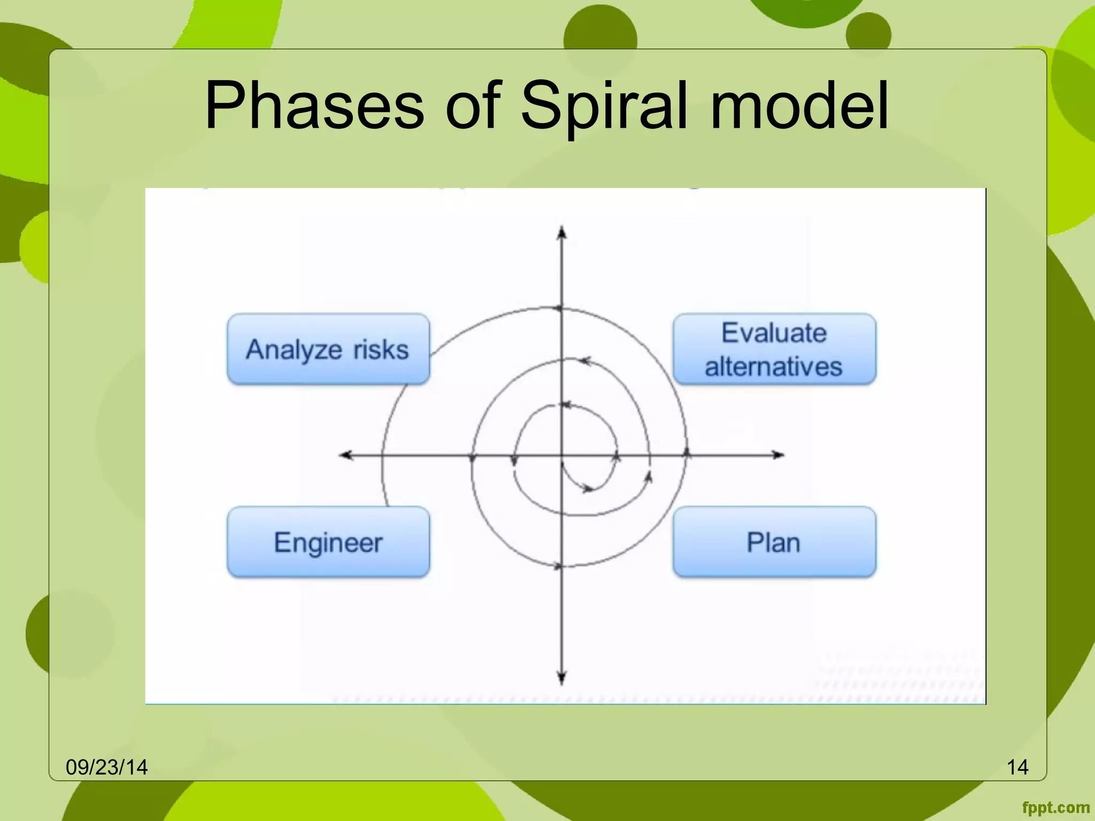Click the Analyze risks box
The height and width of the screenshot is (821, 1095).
(328, 350)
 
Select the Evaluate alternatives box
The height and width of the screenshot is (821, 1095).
(774, 350)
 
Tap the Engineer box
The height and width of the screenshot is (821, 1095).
(328, 542)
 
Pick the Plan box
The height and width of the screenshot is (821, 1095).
(774, 542)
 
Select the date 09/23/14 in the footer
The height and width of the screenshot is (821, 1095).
(106, 767)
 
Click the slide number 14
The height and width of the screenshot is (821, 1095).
(1017, 767)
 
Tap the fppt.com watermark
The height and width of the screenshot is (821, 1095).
(1055, 808)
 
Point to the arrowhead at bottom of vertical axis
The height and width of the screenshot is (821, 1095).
(561, 679)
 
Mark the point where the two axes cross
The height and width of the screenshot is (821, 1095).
(561, 455)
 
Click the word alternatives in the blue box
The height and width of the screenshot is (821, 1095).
(773, 367)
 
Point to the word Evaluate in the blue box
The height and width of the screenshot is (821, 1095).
(774, 332)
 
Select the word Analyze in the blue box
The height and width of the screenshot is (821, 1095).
(294, 350)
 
